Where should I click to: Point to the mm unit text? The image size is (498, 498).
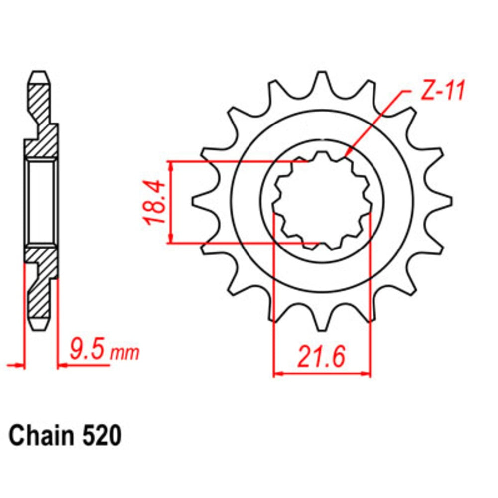(x=124, y=353)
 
